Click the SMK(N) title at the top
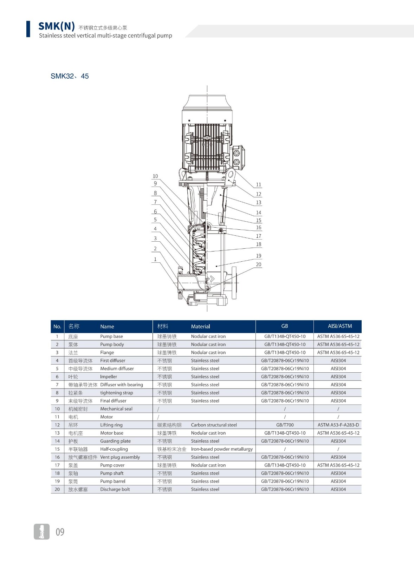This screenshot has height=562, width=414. [57, 26]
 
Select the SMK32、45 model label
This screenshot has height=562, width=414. [70, 76]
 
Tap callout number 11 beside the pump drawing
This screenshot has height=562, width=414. [259, 185]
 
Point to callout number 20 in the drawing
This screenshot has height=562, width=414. [259, 264]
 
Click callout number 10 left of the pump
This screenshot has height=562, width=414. [155, 176]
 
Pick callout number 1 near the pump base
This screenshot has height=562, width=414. [155, 259]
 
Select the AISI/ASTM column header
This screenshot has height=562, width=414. [340, 326]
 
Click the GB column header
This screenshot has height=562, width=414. [284, 326]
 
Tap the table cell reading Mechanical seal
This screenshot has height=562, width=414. [116, 409]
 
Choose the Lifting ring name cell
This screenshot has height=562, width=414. [111, 425]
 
